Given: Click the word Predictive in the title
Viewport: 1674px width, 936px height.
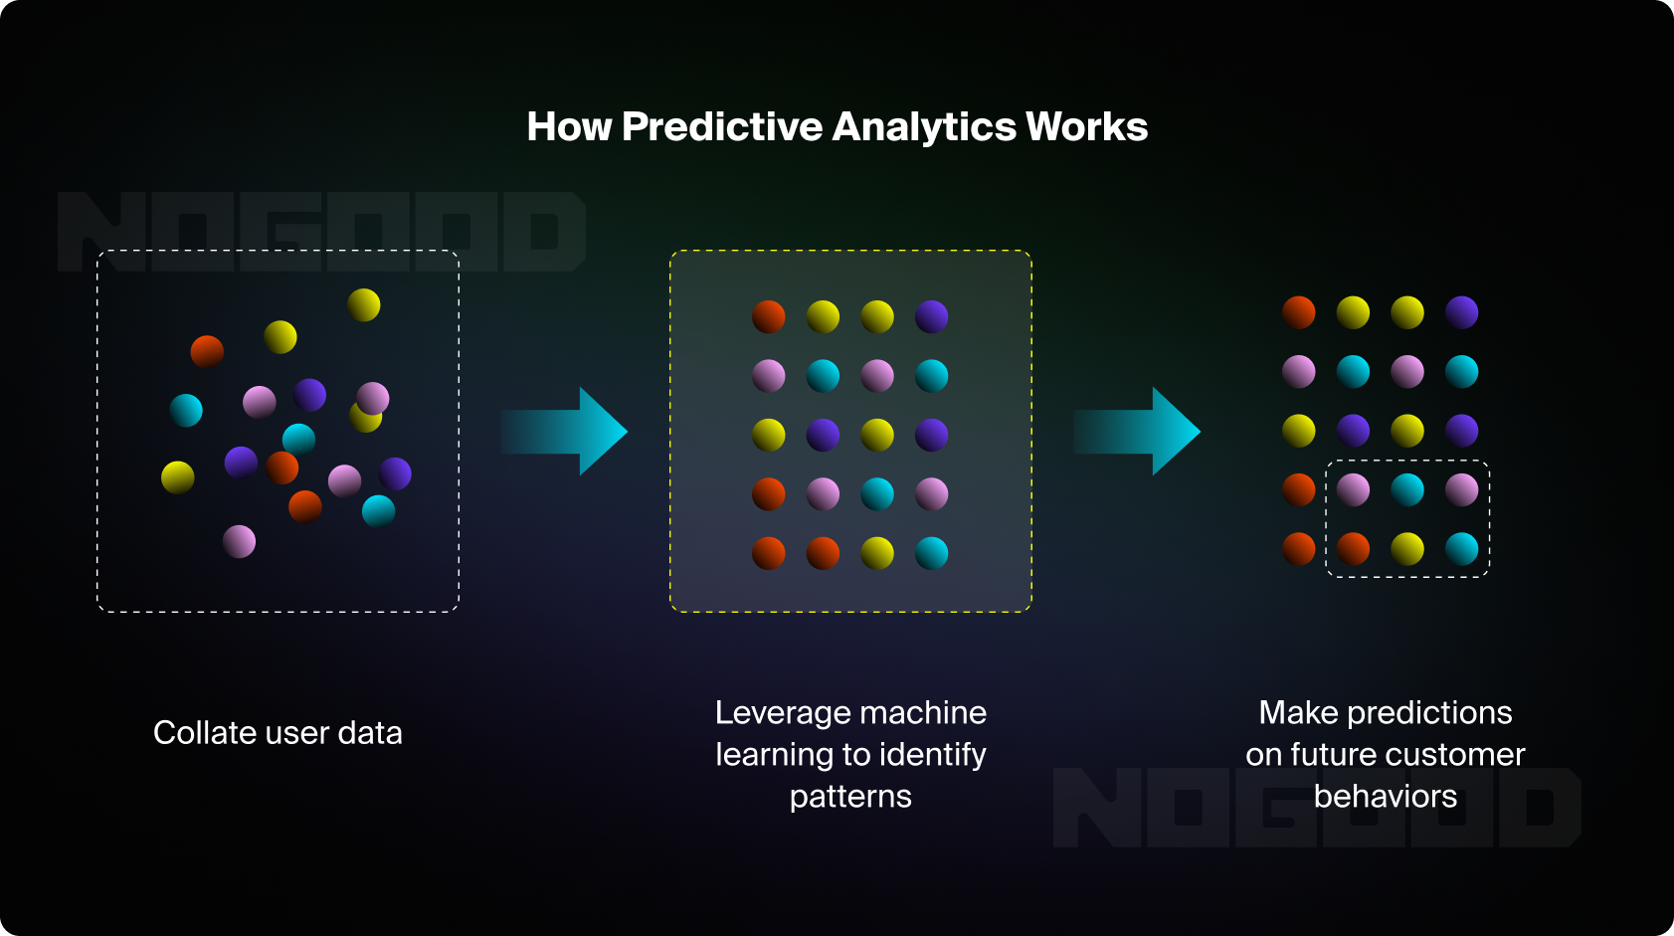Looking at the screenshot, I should [722, 127].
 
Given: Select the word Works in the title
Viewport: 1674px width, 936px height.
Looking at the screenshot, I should [1087, 127].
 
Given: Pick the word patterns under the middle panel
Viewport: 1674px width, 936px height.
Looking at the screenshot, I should [850, 796].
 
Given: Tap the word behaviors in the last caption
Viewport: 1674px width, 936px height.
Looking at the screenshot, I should [1385, 796].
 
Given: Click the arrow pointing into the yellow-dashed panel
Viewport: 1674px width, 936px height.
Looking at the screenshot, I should [565, 432].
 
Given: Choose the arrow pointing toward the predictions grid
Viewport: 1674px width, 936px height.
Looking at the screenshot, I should [1138, 432].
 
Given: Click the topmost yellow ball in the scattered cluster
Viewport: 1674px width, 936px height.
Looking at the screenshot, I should [364, 304].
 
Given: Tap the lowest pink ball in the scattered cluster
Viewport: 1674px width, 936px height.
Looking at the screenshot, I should [239, 541].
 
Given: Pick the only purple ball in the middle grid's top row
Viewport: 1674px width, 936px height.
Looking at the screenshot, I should [931, 316].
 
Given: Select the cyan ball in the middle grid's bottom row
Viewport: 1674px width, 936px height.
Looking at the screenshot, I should [931, 553].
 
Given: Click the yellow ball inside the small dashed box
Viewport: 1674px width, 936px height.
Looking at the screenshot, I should [1406, 548].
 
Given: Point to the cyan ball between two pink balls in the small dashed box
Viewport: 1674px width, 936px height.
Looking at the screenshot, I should [1406, 489].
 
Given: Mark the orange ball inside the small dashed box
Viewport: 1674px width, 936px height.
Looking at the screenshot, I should [1353, 548].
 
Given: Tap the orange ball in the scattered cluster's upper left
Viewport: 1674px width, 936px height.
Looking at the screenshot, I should [207, 351].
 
